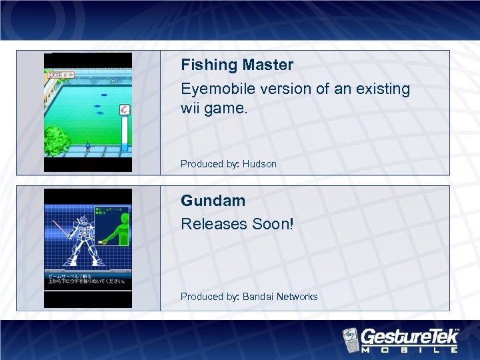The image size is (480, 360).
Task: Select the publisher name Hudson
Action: [259, 164]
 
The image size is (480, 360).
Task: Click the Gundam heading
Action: [213, 201]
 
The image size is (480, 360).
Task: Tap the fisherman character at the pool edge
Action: [87, 146]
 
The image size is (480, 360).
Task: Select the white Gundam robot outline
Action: [77, 237]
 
